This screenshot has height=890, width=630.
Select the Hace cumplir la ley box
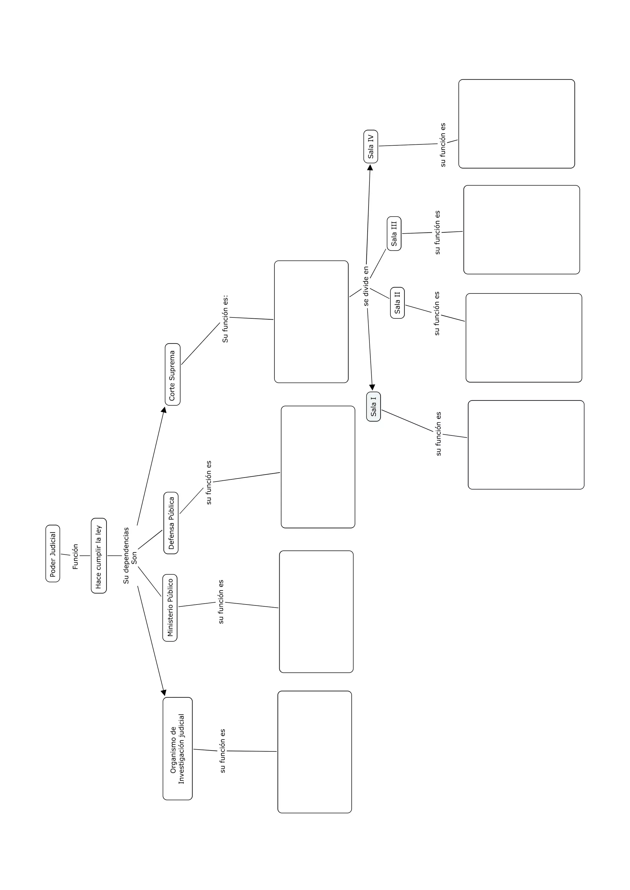click(98, 555)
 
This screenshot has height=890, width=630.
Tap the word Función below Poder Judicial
click(75, 556)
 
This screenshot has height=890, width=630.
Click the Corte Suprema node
click(172, 374)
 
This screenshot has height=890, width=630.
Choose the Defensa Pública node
click(171, 523)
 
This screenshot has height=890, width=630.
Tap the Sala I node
click(373, 406)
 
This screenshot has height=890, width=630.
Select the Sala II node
click(397, 303)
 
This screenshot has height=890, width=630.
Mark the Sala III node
click(394, 233)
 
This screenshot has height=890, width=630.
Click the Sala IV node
click(370, 147)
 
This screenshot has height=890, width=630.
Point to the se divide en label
click(366, 286)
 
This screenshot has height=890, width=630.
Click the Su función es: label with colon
click(225, 319)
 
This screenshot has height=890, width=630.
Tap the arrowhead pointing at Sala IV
click(370, 167)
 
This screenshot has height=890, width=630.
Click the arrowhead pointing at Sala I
click(372, 387)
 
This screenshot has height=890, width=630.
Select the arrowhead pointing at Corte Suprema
click(164, 410)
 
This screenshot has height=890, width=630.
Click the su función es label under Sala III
click(437, 233)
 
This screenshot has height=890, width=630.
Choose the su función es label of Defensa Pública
click(209, 482)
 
